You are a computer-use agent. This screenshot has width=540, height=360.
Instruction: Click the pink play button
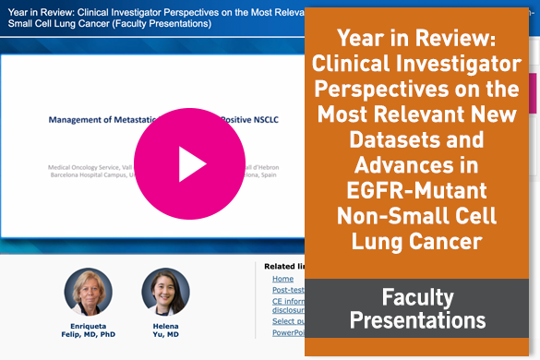pos(190,162)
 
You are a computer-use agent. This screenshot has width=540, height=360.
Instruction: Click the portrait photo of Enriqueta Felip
pos(88,293)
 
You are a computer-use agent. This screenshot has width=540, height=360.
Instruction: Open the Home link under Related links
pos(282,279)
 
